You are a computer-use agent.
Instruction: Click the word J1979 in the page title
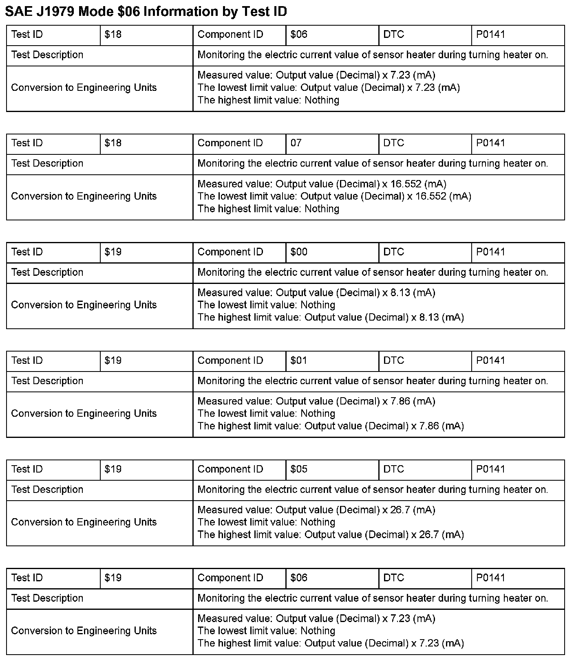[54, 12]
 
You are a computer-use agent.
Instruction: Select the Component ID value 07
[296, 143]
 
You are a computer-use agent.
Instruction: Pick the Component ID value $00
[299, 252]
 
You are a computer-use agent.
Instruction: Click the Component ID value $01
[299, 361]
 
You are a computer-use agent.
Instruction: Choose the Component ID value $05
[299, 469]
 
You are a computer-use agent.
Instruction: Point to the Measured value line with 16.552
[322, 184]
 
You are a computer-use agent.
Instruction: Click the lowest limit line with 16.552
[334, 196]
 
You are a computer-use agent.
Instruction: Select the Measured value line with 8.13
[316, 292]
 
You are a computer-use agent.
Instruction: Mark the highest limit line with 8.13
[331, 317]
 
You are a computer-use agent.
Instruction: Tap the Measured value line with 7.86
[316, 401]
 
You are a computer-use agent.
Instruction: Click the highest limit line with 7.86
[331, 426]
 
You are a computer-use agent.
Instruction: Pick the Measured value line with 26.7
[316, 510]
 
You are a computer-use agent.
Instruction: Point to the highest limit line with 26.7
[331, 534]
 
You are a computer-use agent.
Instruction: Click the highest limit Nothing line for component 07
[268, 209]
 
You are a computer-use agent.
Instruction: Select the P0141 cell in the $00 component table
[490, 252]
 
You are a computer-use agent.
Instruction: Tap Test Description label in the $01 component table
[47, 381]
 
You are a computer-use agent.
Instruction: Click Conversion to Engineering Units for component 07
[84, 196]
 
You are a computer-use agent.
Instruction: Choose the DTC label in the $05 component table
[393, 469]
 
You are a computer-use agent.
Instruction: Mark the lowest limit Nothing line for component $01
[266, 413]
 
